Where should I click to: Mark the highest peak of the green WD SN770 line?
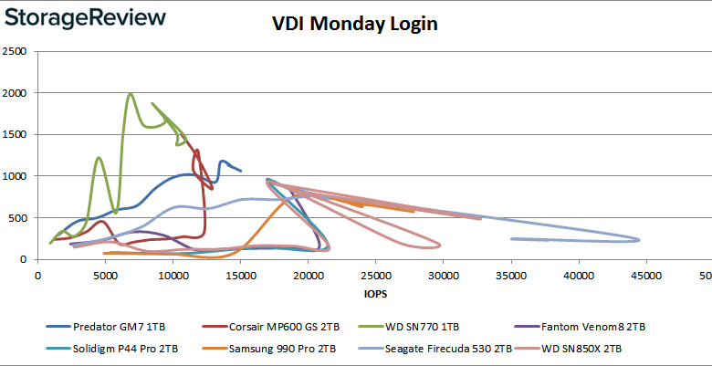pos(131,93)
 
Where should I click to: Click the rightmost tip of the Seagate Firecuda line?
pos(639,240)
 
